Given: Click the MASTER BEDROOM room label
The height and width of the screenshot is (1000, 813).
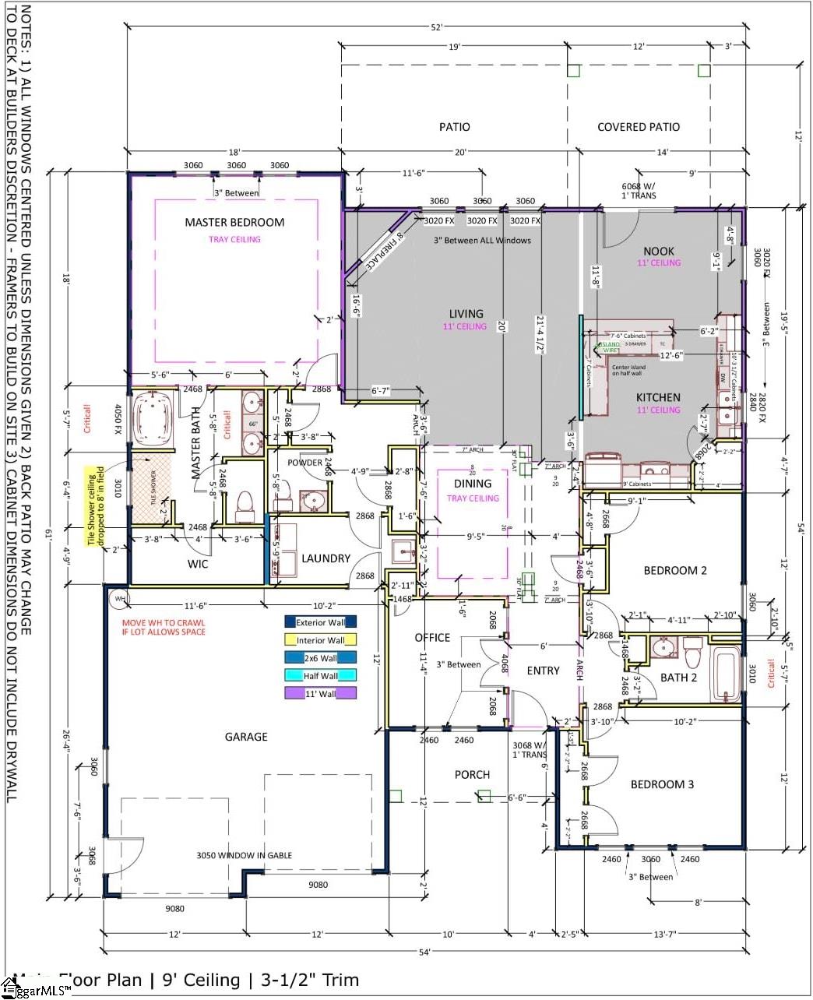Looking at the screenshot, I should [x=234, y=222].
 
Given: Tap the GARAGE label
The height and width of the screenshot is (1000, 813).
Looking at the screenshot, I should [x=246, y=737].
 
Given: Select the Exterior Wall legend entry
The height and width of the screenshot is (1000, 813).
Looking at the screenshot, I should [x=320, y=622].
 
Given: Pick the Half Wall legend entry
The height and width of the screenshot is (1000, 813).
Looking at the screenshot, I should [x=320, y=676].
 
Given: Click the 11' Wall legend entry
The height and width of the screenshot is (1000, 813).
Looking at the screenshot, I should [x=320, y=693].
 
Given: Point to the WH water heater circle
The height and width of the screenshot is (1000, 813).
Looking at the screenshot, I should [x=119, y=599].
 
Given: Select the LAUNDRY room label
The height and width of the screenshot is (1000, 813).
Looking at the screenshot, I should [x=326, y=558].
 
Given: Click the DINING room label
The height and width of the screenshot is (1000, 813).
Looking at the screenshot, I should [x=473, y=484].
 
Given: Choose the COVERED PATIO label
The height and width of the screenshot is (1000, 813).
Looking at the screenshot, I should [x=638, y=127].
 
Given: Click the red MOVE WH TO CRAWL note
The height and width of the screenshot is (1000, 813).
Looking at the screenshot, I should [x=164, y=627].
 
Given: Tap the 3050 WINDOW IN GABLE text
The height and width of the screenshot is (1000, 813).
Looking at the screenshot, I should [x=244, y=855].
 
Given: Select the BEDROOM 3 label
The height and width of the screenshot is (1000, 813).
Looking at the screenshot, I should [x=662, y=784].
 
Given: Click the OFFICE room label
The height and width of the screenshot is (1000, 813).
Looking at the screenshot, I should [x=432, y=637].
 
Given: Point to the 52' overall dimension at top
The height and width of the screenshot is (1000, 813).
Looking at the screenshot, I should [x=436, y=27].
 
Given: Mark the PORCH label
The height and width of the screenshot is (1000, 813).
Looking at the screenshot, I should [x=472, y=774].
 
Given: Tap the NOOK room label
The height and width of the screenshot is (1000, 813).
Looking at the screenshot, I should [x=659, y=251].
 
